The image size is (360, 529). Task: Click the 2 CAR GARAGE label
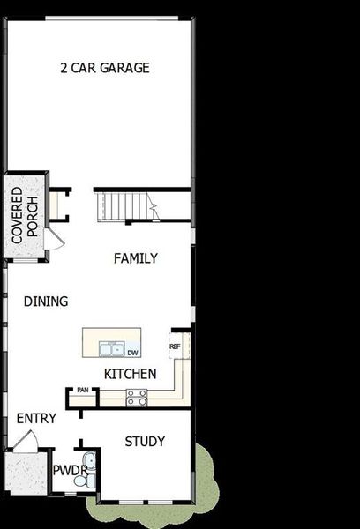tap(104, 68)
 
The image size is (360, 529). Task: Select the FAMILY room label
tap(135, 258)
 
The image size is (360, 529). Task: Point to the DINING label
tap(46, 302)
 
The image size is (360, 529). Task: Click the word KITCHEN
tap(130, 374)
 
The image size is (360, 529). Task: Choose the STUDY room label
tap(145, 442)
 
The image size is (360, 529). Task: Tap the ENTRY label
tap(36, 418)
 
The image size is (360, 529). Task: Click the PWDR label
tap(69, 471)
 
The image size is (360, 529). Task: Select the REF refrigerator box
tap(175, 346)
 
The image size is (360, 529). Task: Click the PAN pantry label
tap(82, 391)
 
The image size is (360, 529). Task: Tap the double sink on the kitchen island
tap(110, 347)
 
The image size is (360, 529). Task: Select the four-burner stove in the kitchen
tap(136, 399)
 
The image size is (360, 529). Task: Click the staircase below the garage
tap(124, 207)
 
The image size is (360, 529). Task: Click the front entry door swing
tap(29, 440)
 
